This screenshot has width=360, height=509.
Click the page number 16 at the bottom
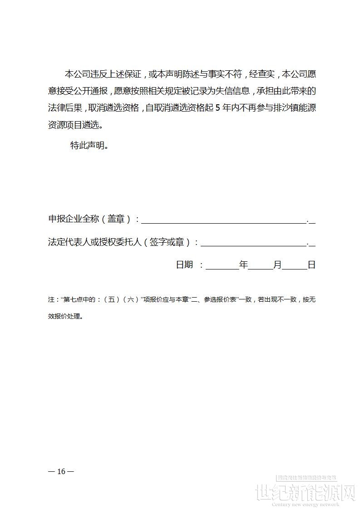pos(61,471)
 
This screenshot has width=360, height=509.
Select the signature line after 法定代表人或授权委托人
pos(253,243)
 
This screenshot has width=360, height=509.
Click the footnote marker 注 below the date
pos(51,299)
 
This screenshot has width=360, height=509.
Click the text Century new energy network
pos(306,504)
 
